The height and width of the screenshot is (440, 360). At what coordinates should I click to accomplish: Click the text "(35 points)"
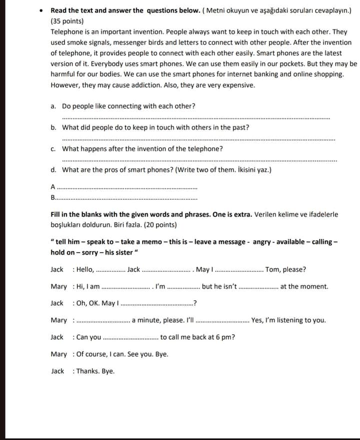point(67,21)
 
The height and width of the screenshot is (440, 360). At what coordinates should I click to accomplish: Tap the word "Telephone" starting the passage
point(66,31)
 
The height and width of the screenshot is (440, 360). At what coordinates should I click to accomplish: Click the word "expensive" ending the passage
point(237,85)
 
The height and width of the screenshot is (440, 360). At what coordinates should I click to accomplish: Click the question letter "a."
point(53,106)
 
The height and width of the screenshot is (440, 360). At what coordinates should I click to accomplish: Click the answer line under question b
point(198,139)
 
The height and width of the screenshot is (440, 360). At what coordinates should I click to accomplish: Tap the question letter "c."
point(53,149)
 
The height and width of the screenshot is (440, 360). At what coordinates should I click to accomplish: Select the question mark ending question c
point(221,149)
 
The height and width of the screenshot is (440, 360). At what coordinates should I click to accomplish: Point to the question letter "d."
point(53,170)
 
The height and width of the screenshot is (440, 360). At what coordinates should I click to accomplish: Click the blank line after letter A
point(127,188)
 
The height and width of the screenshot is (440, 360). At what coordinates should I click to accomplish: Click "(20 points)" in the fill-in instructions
point(160,225)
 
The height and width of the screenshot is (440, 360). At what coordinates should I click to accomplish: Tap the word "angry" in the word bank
point(261,242)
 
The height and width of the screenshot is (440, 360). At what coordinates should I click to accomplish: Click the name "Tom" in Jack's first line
point(273,270)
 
